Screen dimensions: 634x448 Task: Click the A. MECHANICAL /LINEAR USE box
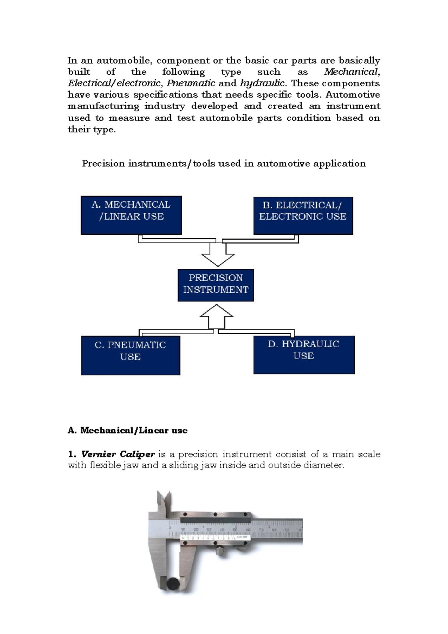[x=131, y=215]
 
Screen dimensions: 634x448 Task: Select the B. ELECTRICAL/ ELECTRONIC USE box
[x=303, y=216]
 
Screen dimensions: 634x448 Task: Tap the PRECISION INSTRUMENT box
[x=215, y=285]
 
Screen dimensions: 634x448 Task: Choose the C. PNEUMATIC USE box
[x=130, y=355]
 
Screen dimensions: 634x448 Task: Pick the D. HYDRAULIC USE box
[x=304, y=354]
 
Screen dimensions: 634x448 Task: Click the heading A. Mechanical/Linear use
[x=127, y=430]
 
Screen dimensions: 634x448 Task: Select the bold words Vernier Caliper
[x=118, y=454]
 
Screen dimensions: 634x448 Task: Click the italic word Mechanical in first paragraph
[x=351, y=72]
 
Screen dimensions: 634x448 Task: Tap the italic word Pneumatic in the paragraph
[x=191, y=83]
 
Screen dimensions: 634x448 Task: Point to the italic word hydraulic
[x=262, y=83]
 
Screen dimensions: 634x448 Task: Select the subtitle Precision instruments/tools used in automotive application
[x=224, y=163]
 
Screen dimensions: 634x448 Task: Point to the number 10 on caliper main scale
[x=183, y=529]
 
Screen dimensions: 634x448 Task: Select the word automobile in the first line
[x=124, y=60]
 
